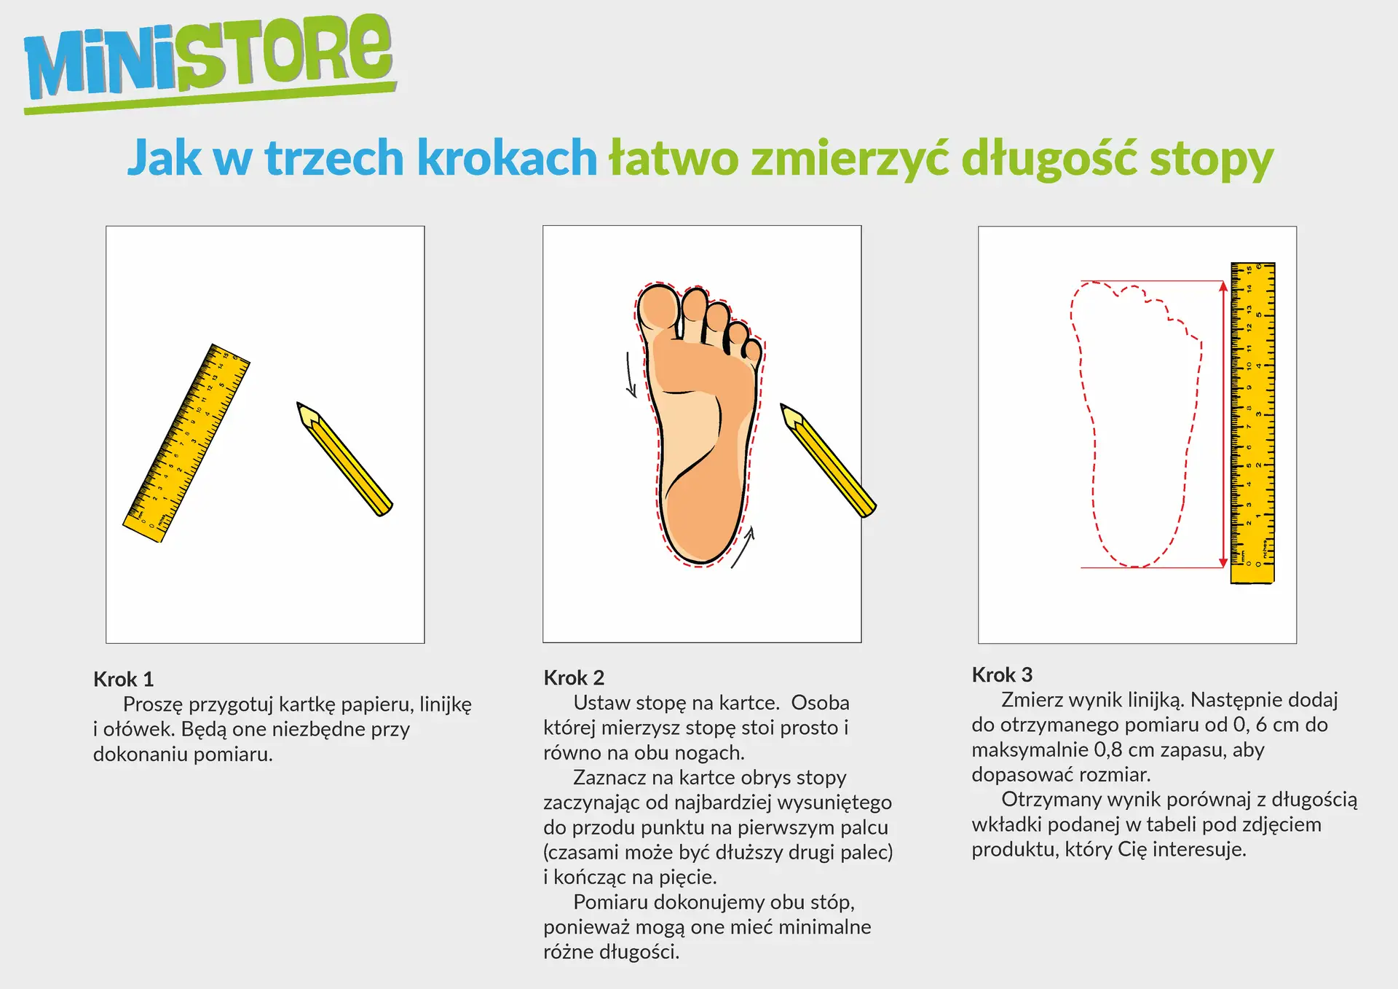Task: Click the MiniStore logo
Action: coord(210,62)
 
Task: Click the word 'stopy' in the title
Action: coord(1211,159)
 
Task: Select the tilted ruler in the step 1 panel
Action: coord(186,443)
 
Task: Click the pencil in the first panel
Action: coord(344,459)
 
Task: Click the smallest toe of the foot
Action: coord(752,352)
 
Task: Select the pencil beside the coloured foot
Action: coord(828,460)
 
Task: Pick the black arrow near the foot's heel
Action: coord(743,547)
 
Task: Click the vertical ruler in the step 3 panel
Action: coord(1252,423)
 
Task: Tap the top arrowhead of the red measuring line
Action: coord(1223,287)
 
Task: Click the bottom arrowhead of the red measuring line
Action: coord(1223,562)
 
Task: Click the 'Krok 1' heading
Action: coord(123,679)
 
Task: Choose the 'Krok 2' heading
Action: coord(574,678)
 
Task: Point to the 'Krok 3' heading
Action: coord(1002,675)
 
